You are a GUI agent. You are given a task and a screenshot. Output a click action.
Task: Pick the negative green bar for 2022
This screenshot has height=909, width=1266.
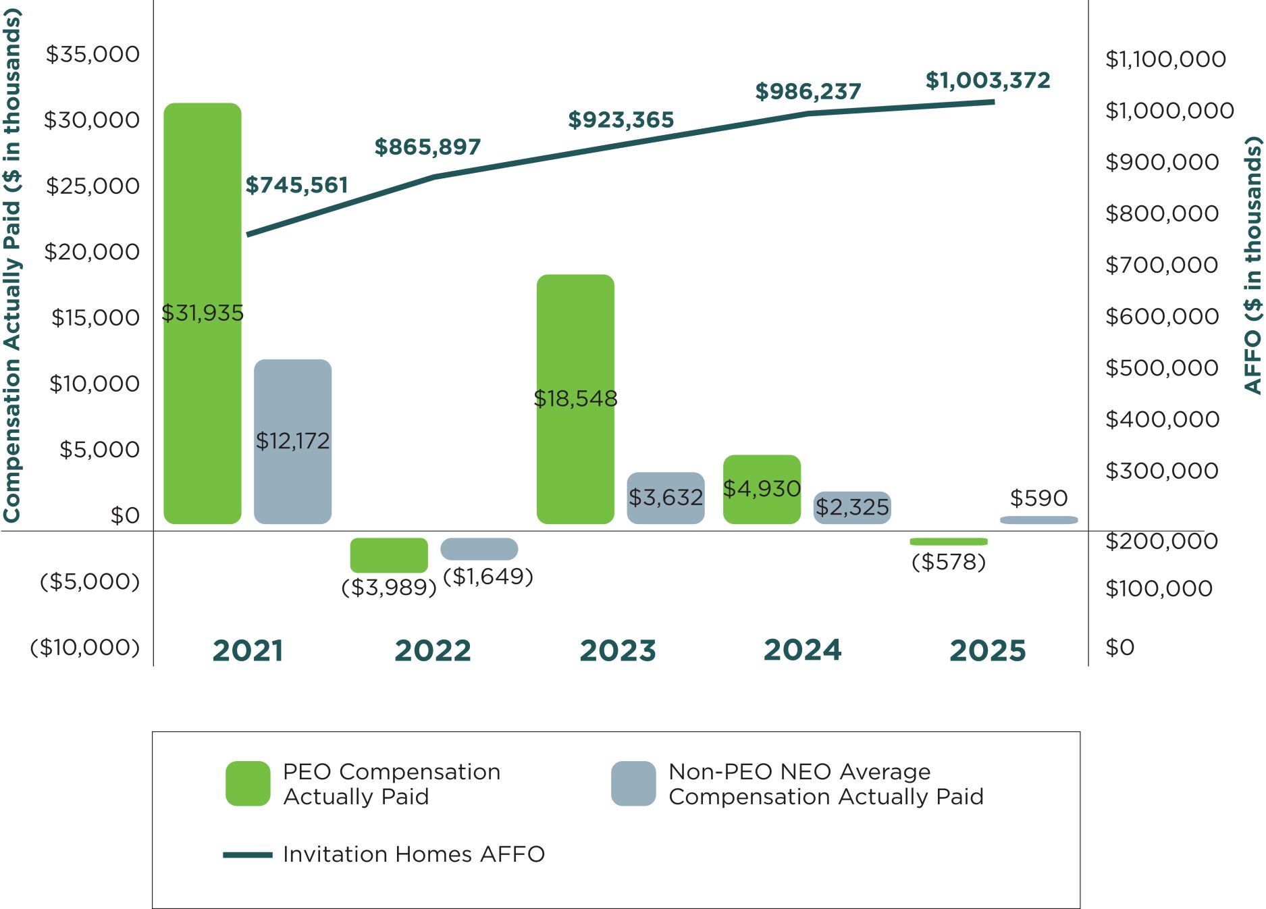point(388,555)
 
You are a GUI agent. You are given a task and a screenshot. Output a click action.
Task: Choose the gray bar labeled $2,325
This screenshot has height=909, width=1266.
point(852,507)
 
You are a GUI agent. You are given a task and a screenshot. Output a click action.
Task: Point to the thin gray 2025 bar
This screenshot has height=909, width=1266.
point(1038,520)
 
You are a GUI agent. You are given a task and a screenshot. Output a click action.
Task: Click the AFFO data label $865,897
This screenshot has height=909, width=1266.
point(427,147)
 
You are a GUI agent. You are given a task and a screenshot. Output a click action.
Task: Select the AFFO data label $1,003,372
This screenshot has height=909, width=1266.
point(987,81)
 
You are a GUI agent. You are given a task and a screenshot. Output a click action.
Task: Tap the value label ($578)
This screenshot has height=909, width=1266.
point(949,562)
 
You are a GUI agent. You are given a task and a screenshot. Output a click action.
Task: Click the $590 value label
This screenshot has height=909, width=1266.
point(1038,498)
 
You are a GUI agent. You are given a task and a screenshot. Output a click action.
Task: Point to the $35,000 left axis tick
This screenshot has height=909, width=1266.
point(93,54)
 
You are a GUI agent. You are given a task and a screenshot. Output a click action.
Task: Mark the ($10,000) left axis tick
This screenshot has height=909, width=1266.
point(85,647)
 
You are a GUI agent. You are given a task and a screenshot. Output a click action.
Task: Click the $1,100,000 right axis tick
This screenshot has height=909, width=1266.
point(1165,59)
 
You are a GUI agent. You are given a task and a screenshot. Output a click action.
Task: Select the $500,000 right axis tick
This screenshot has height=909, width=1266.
point(1161,368)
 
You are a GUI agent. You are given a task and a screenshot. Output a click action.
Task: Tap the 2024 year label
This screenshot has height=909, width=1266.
point(802,650)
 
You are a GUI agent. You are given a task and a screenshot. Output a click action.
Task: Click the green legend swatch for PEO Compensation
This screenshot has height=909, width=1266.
point(248,783)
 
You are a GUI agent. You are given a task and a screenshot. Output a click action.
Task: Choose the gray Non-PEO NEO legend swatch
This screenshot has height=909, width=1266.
point(633,783)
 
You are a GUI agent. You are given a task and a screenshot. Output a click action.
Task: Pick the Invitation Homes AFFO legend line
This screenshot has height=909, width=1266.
point(248,855)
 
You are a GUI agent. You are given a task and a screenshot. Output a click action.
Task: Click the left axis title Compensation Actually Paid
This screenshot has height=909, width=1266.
point(12,263)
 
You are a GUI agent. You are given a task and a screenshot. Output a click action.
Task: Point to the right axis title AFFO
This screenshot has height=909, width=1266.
point(1253,263)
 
